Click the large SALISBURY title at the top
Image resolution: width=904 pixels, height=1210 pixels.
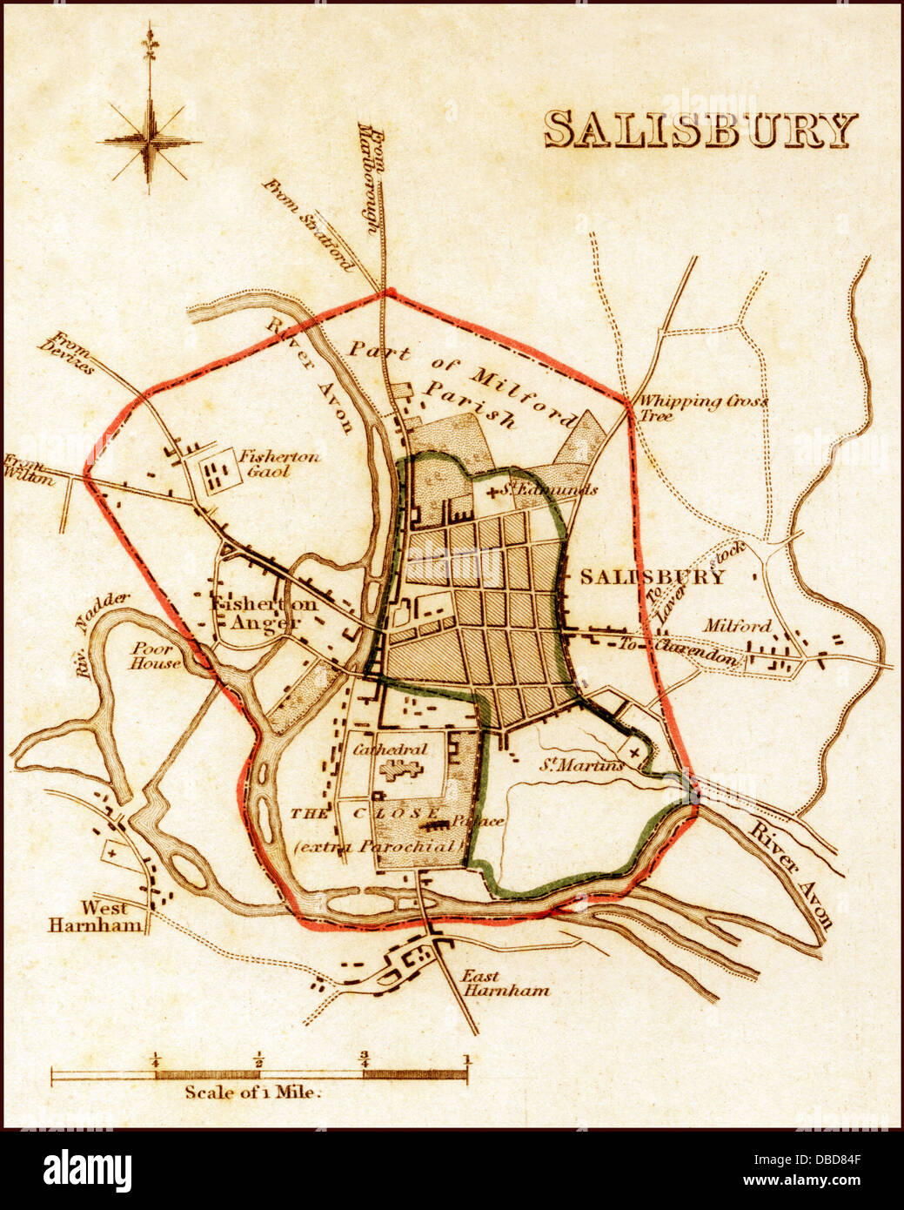(x=700, y=131)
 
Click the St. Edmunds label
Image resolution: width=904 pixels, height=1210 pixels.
(x=551, y=490)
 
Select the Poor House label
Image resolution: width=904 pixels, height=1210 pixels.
(x=157, y=655)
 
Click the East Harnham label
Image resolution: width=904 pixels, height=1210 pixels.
(x=492, y=983)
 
